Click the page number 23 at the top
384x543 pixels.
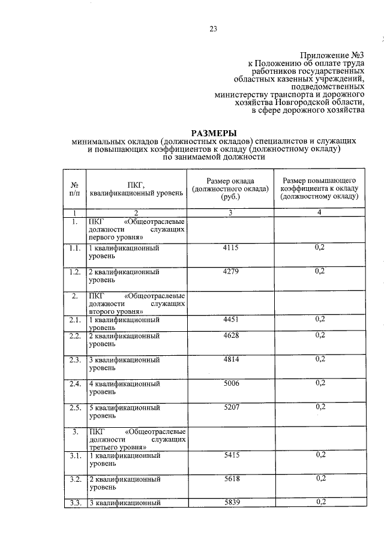click(213, 28)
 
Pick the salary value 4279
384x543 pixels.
click(231, 272)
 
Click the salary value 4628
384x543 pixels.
click(231, 335)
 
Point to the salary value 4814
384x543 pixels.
click(231, 360)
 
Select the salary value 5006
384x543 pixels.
click(231, 383)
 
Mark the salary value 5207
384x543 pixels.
click(231, 408)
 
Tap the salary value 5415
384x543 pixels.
click(231, 455)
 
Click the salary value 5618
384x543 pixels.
click(231, 479)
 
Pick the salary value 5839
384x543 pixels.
click(231, 502)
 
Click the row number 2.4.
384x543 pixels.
click(74, 383)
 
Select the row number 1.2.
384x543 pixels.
click(74, 272)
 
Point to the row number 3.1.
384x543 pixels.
click(74, 455)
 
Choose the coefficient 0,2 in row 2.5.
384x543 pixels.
click(320, 408)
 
